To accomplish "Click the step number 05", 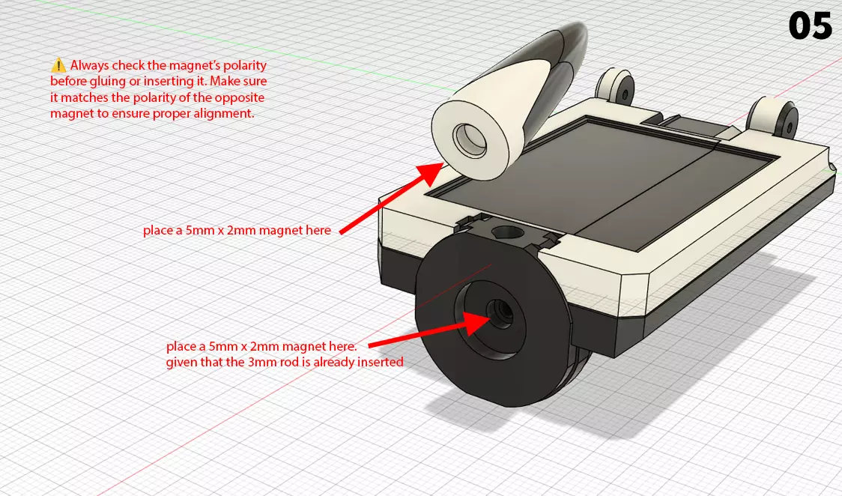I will (x=810, y=26).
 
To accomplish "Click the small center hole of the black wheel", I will (x=498, y=309).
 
